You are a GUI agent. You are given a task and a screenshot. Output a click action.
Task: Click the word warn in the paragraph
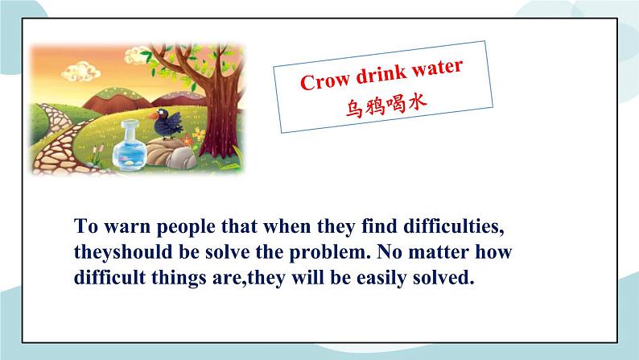click(x=118, y=225)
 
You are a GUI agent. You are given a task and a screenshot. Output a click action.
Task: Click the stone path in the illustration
click(x=50, y=145)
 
